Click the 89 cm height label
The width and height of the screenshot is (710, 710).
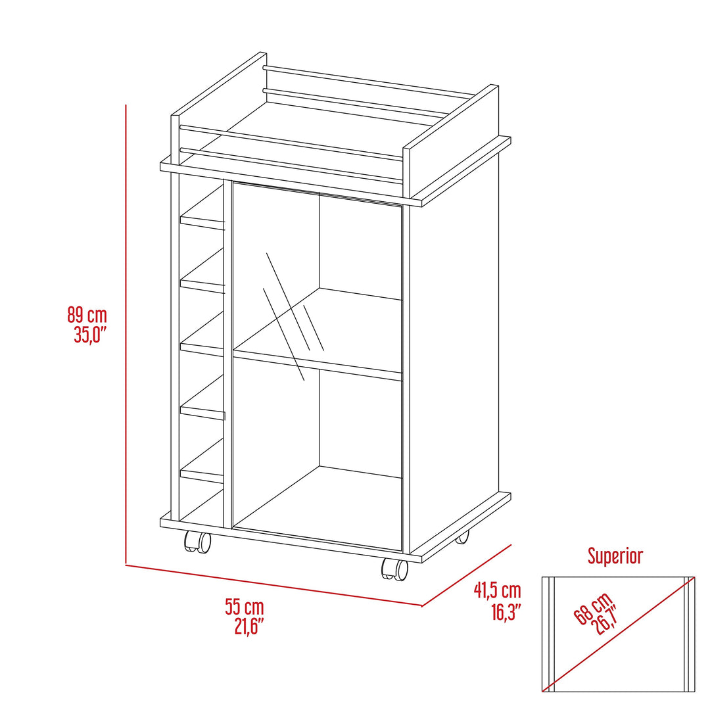[87, 315]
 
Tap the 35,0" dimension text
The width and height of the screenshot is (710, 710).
[89, 335]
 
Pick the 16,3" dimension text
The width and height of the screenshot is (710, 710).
[505, 613]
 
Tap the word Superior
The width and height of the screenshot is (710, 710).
[615, 556]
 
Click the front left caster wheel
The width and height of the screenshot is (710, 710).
[197, 542]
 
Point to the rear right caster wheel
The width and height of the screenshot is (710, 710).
[463, 537]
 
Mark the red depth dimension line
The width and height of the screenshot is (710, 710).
[466, 575]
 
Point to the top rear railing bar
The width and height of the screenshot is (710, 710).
[368, 83]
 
